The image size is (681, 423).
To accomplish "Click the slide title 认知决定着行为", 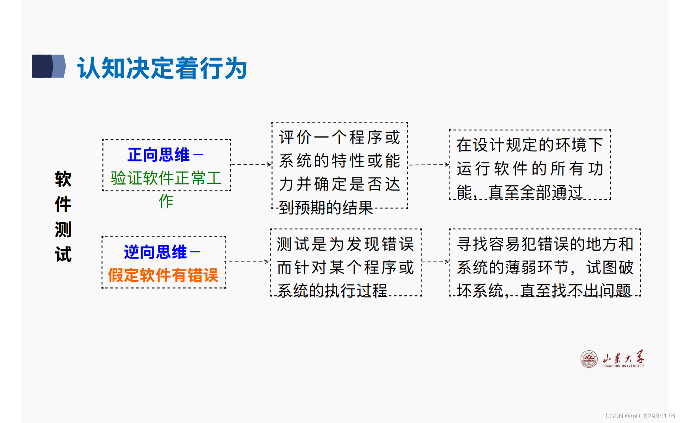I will [162, 68].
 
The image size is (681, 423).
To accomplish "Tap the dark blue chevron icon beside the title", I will [49, 66].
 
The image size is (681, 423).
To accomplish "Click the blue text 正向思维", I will [158, 155].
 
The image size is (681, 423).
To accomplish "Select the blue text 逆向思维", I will [155, 252].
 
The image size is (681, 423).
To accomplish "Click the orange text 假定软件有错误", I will [163, 275].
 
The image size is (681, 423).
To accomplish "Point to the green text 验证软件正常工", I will [166, 178].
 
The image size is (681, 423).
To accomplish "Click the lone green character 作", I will [166, 201].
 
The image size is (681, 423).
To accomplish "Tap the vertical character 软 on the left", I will [63, 179].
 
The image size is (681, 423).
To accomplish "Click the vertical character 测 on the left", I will [63, 229].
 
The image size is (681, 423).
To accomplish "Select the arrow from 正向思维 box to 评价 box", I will [251, 164].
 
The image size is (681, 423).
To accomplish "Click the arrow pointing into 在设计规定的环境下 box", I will [429, 165].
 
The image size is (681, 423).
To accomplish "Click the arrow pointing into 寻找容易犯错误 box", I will [435, 262].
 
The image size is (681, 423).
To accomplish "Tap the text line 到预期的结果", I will [326, 208].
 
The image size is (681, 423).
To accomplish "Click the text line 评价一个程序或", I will [339, 138].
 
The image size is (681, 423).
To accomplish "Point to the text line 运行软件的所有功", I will [530, 168].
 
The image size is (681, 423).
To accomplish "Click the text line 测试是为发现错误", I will [345, 244].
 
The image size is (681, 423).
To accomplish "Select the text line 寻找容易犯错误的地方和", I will [545, 244].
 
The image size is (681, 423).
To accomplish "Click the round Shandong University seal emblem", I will [589, 359].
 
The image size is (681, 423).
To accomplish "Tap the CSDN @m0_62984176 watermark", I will [640, 416].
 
